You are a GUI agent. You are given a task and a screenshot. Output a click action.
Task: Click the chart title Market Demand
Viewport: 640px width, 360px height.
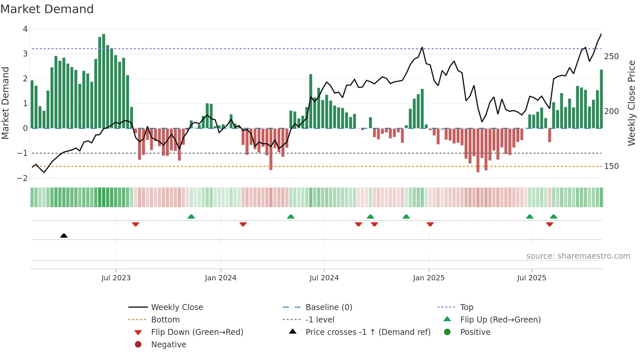click(x=47, y=9)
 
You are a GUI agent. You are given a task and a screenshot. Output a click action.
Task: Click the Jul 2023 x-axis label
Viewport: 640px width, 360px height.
click(x=116, y=278)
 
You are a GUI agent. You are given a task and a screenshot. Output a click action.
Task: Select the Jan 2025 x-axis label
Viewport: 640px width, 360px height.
click(x=428, y=278)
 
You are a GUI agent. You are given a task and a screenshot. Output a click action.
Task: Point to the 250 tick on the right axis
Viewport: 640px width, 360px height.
click(x=611, y=57)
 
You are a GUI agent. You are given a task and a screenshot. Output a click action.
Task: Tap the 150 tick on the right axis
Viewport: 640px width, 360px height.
click(x=611, y=166)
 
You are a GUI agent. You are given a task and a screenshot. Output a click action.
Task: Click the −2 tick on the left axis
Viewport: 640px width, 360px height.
click(x=22, y=178)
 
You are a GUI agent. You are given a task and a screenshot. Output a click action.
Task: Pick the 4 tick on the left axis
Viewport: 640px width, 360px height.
click(x=25, y=29)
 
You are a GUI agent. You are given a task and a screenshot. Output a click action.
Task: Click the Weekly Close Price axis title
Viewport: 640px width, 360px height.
click(x=632, y=103)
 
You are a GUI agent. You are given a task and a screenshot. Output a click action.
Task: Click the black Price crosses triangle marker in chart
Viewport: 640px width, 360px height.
click(x=64, y=236)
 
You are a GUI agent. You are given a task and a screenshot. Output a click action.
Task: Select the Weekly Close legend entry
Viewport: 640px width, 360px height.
click(x=177, y=307)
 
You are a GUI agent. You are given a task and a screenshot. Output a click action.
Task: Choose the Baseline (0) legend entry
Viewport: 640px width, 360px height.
click(x=328, y=307)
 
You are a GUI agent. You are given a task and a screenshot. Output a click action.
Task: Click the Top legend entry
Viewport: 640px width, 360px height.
click(x=466, y=307)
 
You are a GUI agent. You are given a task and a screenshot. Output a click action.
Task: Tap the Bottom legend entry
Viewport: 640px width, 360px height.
click(x=165, y=320)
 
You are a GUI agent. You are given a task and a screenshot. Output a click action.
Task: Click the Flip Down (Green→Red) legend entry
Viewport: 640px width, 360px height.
click(x=197, y=332)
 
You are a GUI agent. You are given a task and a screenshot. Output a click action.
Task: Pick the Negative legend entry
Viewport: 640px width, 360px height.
click(x=168, y=345)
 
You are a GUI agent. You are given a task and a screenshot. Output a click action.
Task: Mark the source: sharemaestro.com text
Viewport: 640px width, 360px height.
click(x=578, y=256)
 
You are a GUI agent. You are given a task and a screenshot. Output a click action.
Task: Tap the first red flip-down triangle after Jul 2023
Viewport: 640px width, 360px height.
click(x=136, y=224)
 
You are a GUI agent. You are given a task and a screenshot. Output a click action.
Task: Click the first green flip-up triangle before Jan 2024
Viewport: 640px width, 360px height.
click(x=191, y=217)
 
